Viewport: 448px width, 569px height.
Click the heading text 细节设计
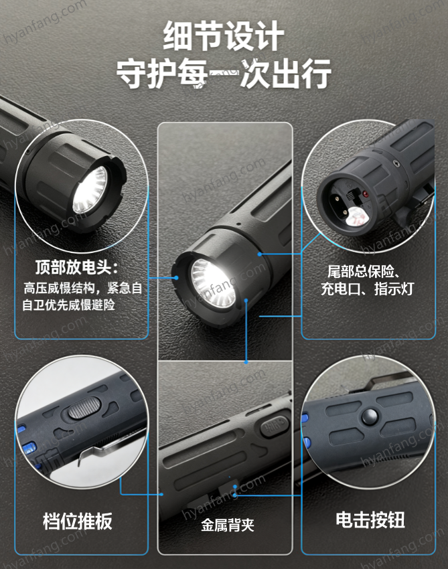(x=223, y=35)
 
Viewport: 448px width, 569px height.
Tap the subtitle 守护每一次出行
(x=224, y=74)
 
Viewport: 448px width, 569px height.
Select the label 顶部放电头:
(x=77, y=267)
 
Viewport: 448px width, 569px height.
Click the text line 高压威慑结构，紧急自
(x=83, y=288)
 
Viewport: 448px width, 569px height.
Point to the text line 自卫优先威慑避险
(x=68, y=305)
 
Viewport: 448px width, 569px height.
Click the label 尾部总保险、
(x=364, y=271)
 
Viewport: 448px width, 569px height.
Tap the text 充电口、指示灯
(x=368, y=289)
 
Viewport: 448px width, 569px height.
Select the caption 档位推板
(x=78, y=521)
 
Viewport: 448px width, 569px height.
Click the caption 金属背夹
(x=228, y=525)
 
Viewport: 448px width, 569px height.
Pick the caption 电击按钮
(x=370, y=519)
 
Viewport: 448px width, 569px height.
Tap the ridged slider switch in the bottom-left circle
(x=84, y=407)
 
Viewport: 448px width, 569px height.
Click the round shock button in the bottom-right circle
(x=370, y=416)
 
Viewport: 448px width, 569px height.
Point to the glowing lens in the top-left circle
(x=90, y=189)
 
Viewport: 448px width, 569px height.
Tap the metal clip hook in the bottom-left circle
(x=83, y=458)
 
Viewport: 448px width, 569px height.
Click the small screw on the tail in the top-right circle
(x=396, y=163)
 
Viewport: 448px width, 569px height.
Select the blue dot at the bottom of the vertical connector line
(x=246, y=361)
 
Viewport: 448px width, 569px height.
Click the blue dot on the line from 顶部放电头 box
(x=176, y=278)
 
